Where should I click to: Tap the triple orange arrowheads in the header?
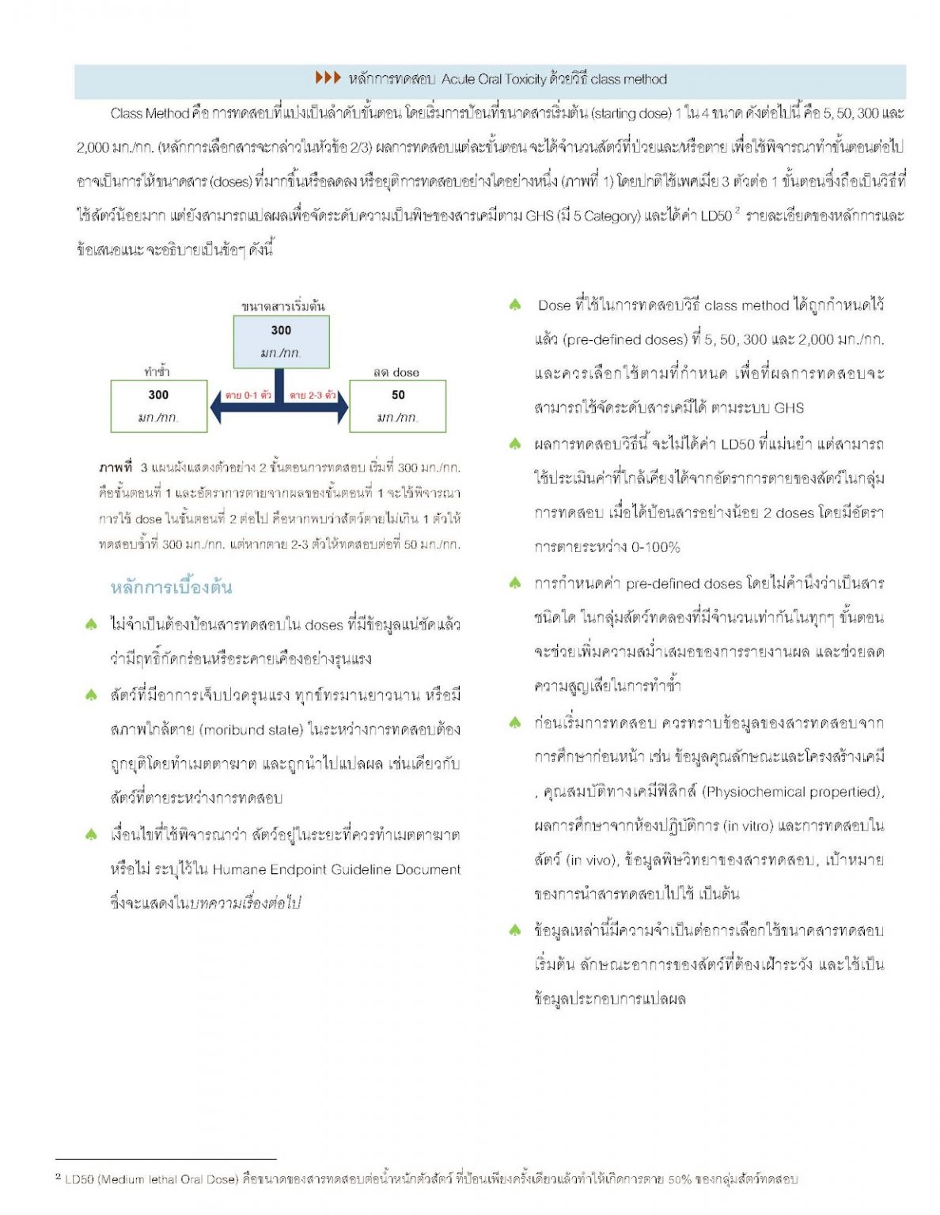(x=328, y=78)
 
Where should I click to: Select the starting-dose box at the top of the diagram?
(x=281, y=342)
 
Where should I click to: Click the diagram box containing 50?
(x=397, y=406)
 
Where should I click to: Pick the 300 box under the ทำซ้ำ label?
(x=158, y=406)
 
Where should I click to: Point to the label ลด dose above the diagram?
(x=396, y=372)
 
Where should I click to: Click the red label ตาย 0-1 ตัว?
(x=248, y=395)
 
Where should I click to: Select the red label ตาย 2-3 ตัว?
(x=313, y=395)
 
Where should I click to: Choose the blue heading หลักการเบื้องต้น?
(x=171, y=587)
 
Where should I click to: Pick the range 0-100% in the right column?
(x=656, y=547)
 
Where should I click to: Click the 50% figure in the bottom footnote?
(x=679, y=1179)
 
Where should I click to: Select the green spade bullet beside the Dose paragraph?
(x=515, y=305)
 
